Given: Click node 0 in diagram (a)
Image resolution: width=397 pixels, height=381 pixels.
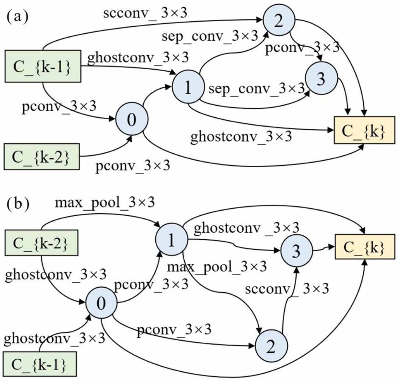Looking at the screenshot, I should click(x=132, y=119).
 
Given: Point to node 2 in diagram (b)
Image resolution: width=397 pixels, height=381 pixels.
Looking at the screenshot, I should click(x=271, y=346).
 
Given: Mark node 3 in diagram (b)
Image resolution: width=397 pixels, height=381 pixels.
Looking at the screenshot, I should click(x=296, y=251).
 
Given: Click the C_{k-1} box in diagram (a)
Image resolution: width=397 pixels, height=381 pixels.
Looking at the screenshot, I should click(x=43, y=66).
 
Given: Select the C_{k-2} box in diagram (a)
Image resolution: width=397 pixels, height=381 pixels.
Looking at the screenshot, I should click(x=43, y=156).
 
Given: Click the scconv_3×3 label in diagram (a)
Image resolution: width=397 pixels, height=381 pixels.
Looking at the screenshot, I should click(x=145, y=14).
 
